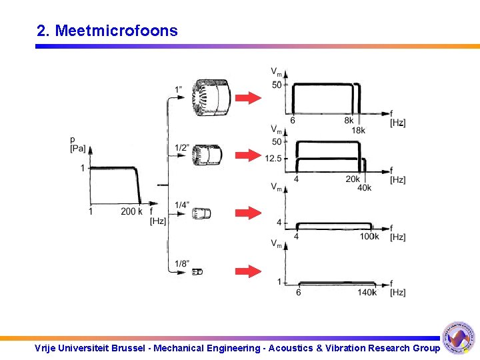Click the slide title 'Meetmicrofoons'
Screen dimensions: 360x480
[116, 31]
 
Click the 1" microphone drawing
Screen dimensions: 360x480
[210, 97]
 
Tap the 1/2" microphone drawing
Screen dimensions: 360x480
[206, 155]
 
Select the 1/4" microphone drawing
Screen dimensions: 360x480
[201, 213]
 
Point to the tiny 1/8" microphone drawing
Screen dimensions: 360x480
[197, 271]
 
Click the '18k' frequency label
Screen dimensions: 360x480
[358, 131]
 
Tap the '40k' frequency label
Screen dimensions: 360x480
[364, 188]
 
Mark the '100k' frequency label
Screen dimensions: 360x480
[369, 237]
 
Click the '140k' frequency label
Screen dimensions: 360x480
[367, 293]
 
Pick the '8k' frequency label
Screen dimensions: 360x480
[349, 121]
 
